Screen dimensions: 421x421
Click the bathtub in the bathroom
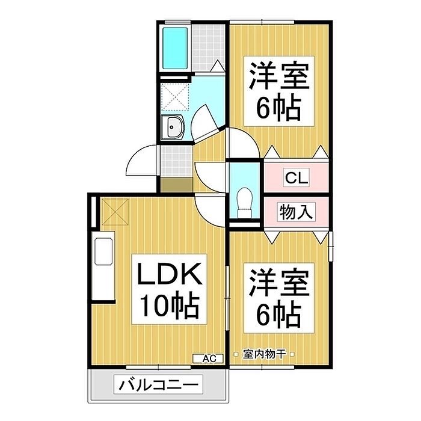pos(175,48)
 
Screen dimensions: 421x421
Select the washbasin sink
pos(172,128)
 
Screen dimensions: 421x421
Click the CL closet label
pos(296,177)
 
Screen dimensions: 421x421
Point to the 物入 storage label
pos(296,212)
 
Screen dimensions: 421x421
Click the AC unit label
pos(208,358)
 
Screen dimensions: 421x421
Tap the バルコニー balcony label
pos(158,385)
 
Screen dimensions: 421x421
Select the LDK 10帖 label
pos(169,289)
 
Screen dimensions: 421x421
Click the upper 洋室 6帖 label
pos(278,91)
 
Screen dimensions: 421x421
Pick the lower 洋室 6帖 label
pos(278,298)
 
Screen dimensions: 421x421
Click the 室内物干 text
pos(264,354)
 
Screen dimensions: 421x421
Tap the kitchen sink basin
pos(103,251)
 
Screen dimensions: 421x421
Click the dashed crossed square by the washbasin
pos(176,97)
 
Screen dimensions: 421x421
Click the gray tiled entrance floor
pos(176,161)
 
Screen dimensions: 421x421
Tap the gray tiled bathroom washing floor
pos(208,48)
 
